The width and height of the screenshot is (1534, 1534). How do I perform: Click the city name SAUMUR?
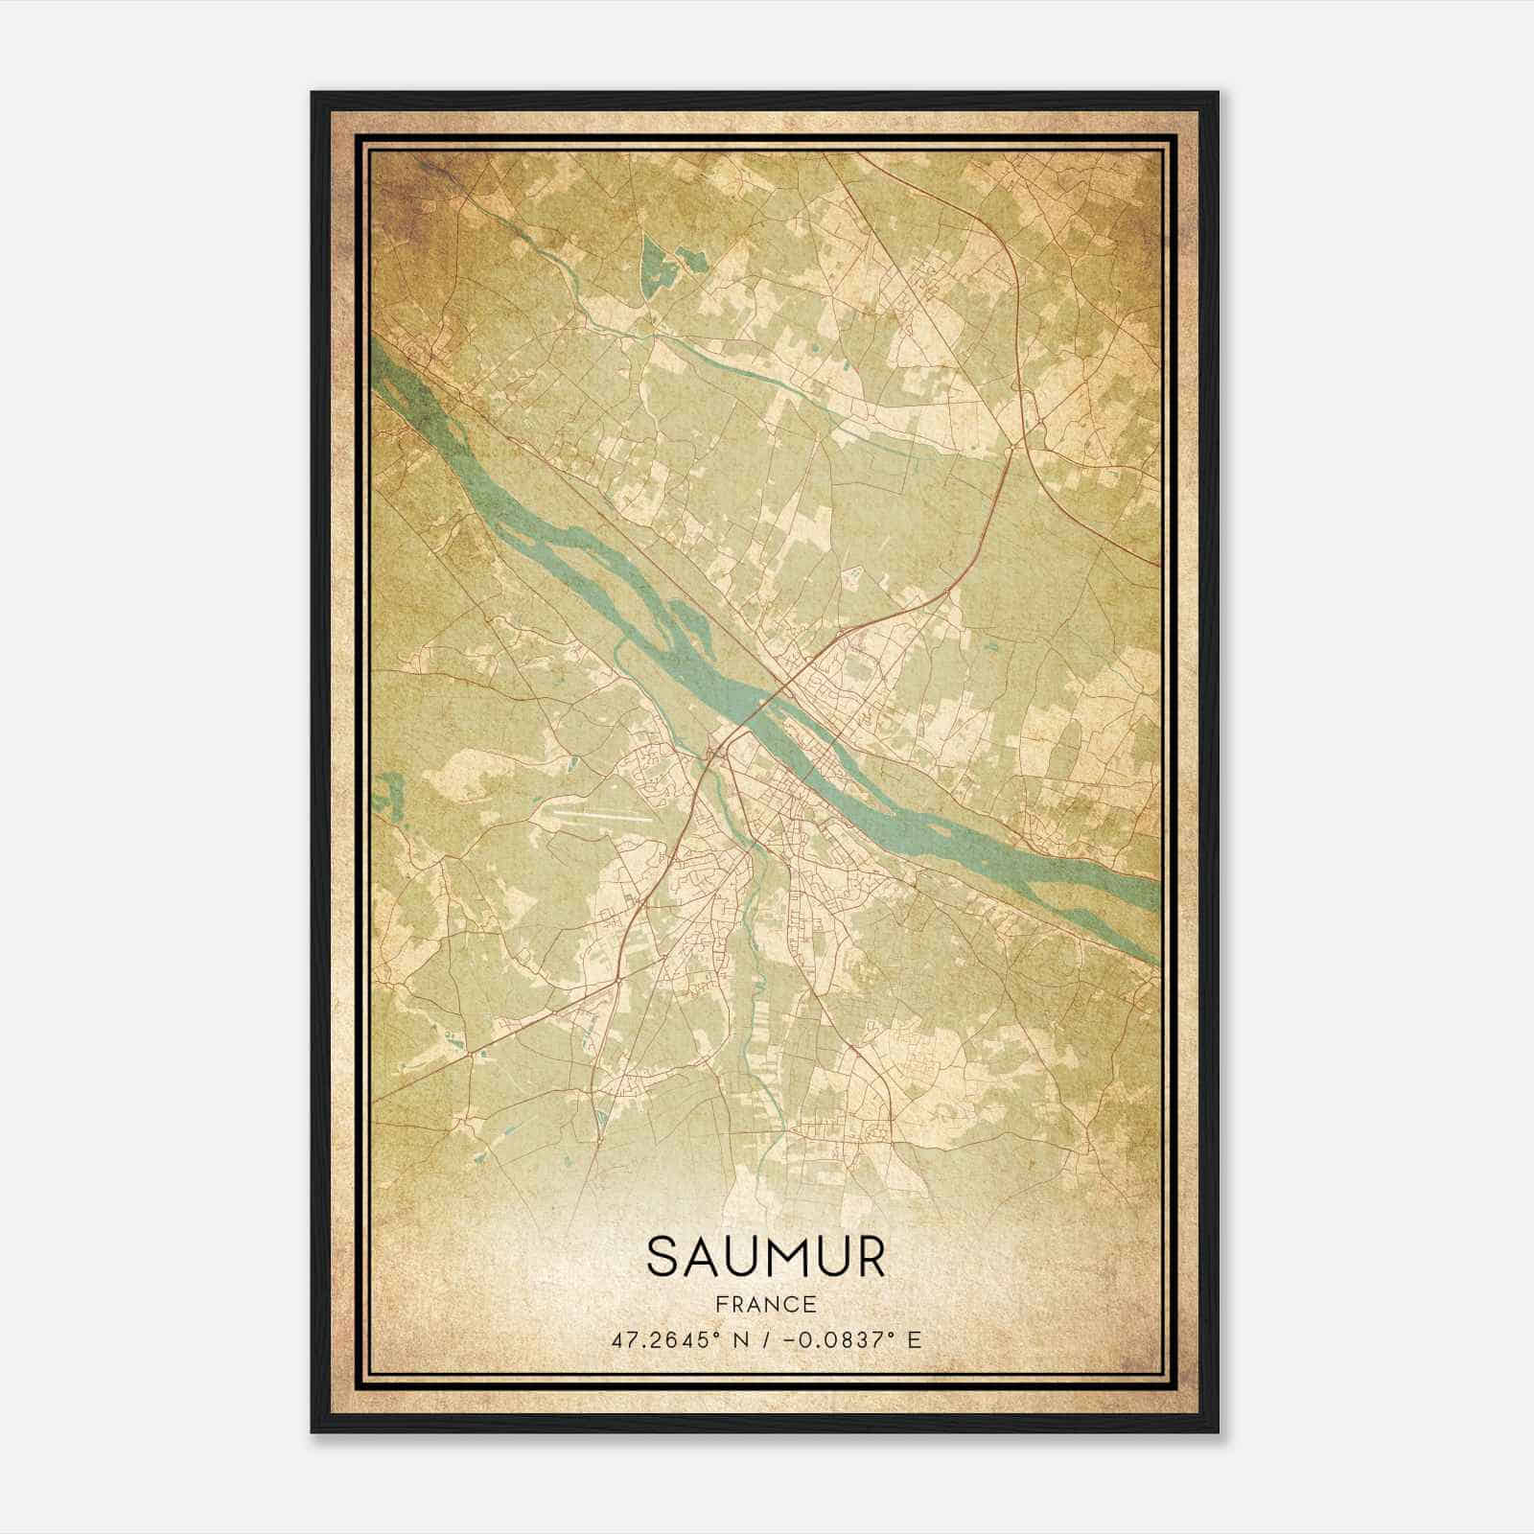coord(766,1257)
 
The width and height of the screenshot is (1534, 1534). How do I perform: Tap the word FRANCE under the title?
coord(766,1304)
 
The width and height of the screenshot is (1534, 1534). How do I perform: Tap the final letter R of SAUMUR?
coord(868,1257)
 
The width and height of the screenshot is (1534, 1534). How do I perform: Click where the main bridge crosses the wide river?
coord(757,708)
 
